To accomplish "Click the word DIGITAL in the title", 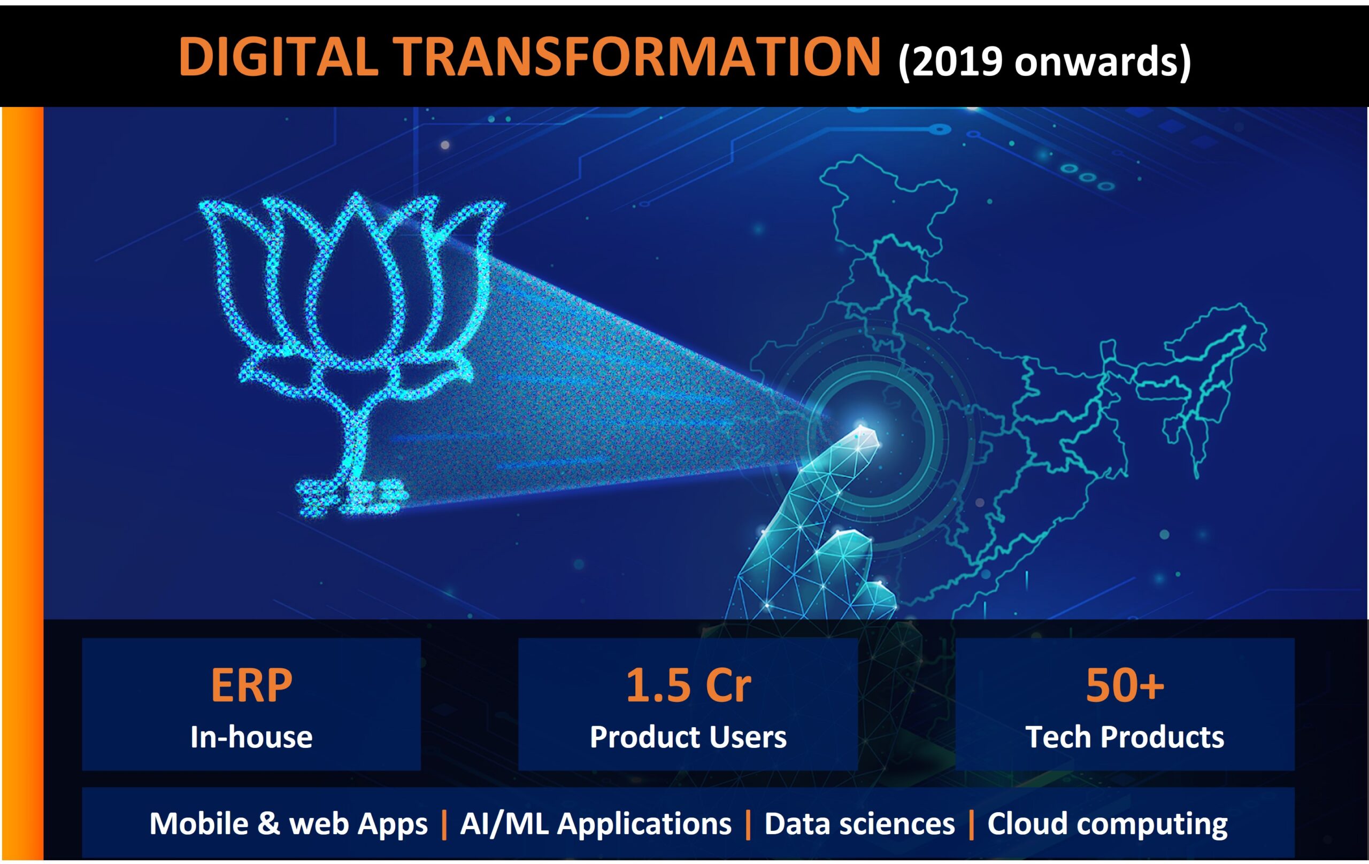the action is click(278, 56).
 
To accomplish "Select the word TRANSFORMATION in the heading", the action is click(637, 56).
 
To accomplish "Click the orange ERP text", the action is click(251, 685).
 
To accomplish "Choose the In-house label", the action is click(251, 737).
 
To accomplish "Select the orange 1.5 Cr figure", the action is click(688, 685).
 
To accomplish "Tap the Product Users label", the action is click(688, 737).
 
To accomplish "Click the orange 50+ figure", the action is click(1125, 685).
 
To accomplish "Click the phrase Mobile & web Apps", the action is click(288, 824).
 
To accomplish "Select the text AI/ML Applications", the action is click(595, 824).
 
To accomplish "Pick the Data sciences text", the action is click(859, 824).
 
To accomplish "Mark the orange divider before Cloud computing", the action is click(971, 824).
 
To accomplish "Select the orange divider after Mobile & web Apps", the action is click(444, 824).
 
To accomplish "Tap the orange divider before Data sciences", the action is click(748, 824).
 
